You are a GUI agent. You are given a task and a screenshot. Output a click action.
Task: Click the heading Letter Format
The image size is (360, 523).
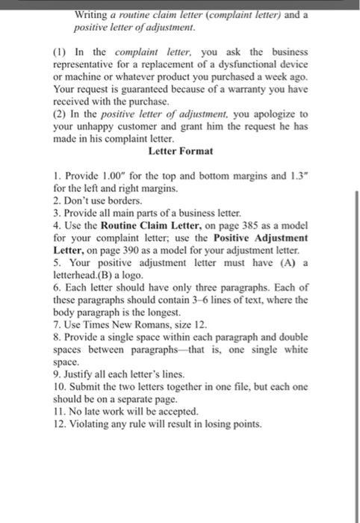tap(181, 151)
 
